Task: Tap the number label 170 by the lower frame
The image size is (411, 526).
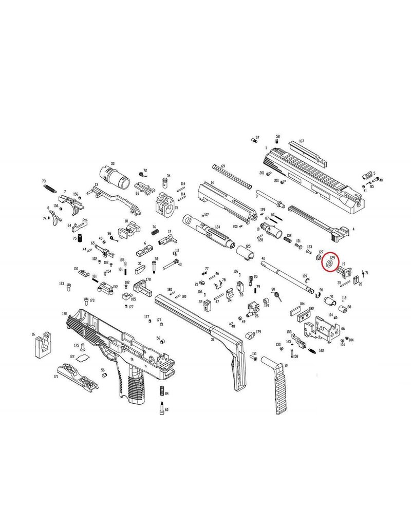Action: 64,313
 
